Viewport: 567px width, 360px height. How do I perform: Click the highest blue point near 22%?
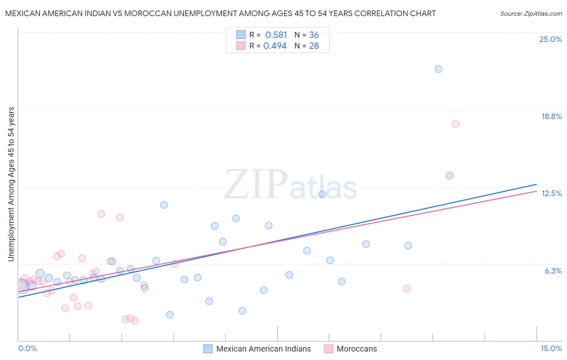click(438, 69)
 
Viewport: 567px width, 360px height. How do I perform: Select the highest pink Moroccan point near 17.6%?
click(456, 123)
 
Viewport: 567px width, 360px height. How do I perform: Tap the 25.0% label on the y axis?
click(550, 39)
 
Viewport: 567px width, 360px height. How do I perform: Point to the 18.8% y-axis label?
click(551, 116)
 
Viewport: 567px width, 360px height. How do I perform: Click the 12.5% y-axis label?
click(551, 193)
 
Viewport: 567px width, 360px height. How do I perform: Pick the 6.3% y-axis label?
click(553, 271)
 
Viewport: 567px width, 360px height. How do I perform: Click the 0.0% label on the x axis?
click(27, 348)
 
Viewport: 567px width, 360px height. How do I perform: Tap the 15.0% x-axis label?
click(551, 348)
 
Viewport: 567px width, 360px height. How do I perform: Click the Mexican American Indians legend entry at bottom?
click(263, 349)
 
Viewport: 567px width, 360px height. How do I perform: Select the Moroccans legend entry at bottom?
click(356, 349)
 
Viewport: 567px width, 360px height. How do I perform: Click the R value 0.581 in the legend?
click(276, 35)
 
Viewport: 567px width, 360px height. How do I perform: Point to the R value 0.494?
click(275, 46)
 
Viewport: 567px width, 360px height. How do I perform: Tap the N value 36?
click(314, 35)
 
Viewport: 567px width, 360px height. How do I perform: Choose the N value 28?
click(314, 46)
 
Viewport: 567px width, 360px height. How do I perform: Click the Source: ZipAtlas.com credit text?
click(531, 13)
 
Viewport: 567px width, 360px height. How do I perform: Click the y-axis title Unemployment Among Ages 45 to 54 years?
click(11, 184)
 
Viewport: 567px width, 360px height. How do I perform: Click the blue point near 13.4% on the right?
click(450, 176)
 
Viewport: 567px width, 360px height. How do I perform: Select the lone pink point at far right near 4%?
click(406, 289)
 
